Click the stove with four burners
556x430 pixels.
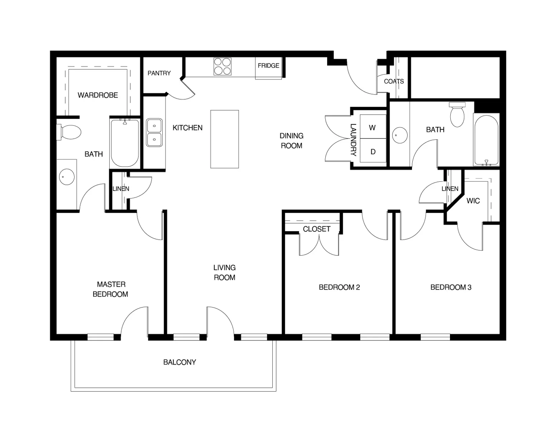(x=222, y=66)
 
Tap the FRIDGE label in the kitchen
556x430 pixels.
(x=268, y=66)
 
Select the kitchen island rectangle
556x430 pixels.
(x=225, y=139)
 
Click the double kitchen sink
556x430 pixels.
(x=154, y=133)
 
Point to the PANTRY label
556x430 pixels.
(x=159, y=73)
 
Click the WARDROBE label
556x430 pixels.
(x=98, y=95)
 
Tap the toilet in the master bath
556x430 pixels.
(x=69, y=132)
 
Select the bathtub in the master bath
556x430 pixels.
(x=125, y=143)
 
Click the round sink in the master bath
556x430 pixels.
(x=67, y=177)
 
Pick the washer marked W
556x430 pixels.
(x=373, y=128)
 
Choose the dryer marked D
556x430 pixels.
(x=373, y=152)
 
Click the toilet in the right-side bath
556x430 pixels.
(x=457, y=114)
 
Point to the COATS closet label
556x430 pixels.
(x=394, y=81)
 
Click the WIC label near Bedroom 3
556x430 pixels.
(x=473, y=201)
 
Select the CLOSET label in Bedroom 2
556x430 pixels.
(x=317, y=229)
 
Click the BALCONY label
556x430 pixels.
(x=179, y=362)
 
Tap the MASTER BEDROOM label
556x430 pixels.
(x=111, y=289)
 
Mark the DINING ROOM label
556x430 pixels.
(x=291, y=140)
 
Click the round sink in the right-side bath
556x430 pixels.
(x=400, y=135)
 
